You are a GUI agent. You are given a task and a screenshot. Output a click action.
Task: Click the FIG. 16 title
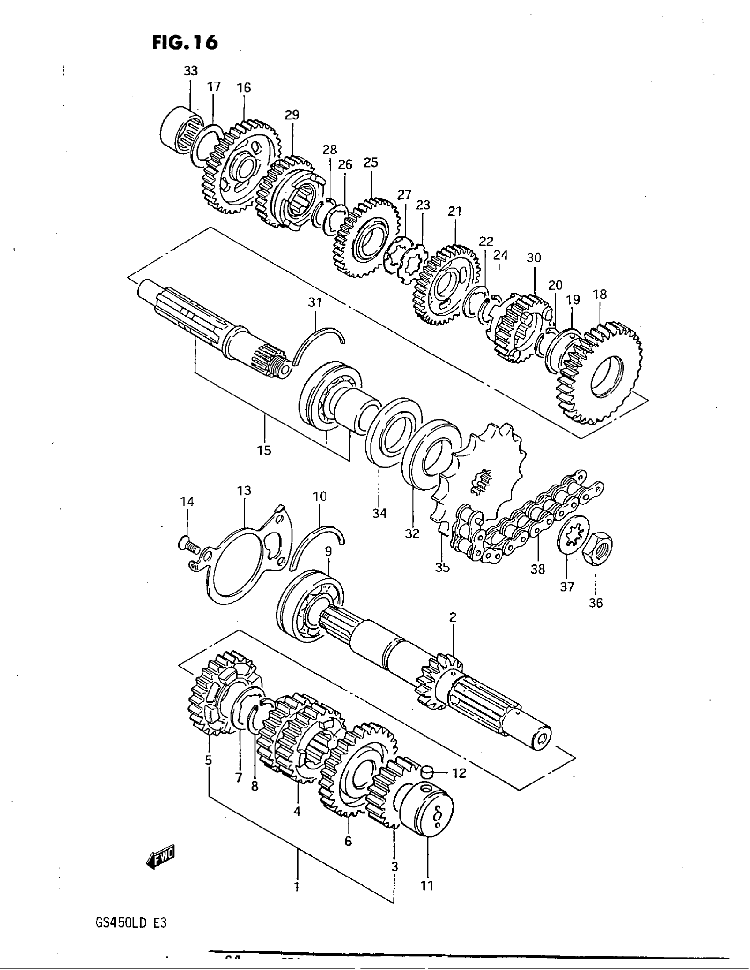pos(185,43)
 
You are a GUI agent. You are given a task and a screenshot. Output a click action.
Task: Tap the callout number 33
pos(191,71)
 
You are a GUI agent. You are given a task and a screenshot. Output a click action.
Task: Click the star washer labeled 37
pos(573,535)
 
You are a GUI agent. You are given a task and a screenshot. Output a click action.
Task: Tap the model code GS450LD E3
pos(131,923)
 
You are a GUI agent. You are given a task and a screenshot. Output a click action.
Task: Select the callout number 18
pos(600,295)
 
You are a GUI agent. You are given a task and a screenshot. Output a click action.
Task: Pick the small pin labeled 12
pos(427,773)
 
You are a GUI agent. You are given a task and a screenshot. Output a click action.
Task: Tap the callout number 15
pos(264,450)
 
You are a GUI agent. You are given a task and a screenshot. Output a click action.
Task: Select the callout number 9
pos(328,551)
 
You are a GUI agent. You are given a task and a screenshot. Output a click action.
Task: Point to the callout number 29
pos(292,115)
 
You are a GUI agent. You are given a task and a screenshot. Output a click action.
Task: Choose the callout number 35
pos(442,567)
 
